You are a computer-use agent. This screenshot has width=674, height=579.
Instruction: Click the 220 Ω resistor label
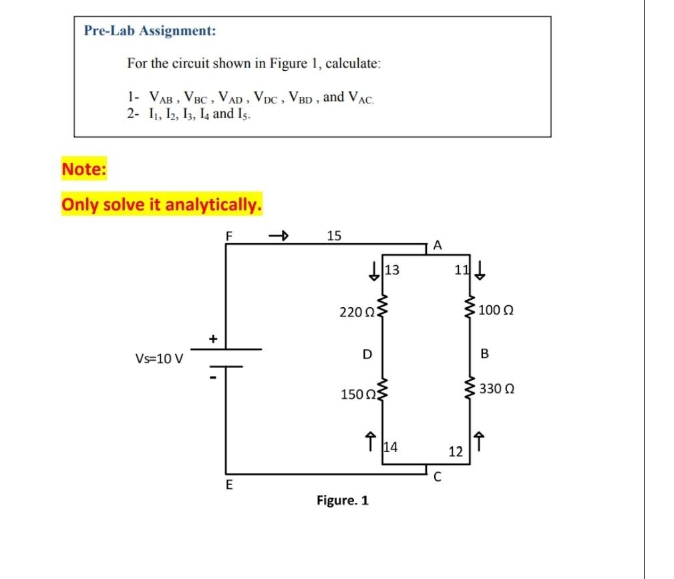(x=357, y=311)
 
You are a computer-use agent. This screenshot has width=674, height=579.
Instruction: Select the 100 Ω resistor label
(x=496, y=311)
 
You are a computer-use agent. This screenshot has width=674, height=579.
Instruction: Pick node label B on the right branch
(x=485, y=353)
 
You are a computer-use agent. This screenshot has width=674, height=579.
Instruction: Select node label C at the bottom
(x=438, y=477)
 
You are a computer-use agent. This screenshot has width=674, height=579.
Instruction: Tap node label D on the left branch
(x=367, y=353)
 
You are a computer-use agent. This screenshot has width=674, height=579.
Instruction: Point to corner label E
(x=228, y=486)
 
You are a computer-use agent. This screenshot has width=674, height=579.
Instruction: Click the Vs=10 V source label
(x=160, y=359)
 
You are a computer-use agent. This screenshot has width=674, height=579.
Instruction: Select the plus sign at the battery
(x=213, y=339)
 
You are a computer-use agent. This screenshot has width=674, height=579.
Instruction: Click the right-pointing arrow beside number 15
(x=278, y=235)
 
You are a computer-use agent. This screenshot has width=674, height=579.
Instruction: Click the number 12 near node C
(x=456, y=452)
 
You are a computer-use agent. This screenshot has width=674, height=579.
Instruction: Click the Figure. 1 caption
(x=343, y=500)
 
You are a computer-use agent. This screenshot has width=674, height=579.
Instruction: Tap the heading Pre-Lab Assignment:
(x=150, y=30)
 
